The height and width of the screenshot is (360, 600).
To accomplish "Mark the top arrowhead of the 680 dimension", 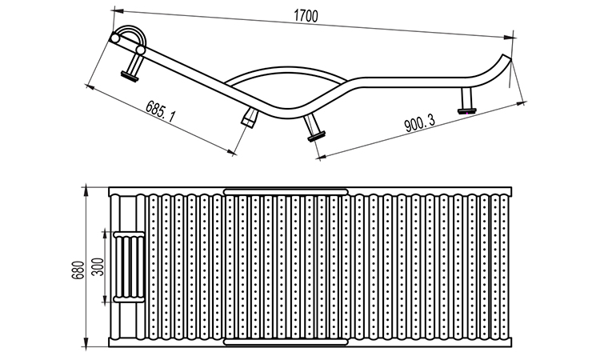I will click(87, 190).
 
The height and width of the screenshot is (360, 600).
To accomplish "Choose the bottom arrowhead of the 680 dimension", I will click(87, 346).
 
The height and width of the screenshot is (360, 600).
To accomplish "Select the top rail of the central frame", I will click(286, 191).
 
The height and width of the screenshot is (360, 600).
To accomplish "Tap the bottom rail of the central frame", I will click(286, 343).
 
